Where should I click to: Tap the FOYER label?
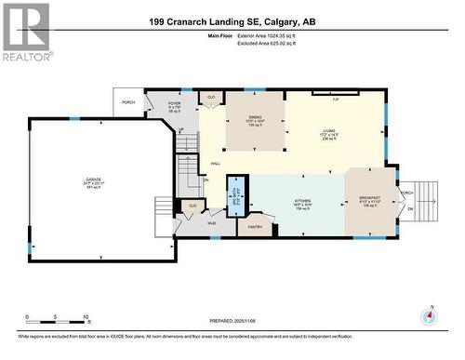[173, 104]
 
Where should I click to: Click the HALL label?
[216, 164]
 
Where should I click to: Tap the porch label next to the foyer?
[126, 101]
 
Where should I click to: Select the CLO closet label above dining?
[211, 97]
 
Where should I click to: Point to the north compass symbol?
[429, 315]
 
